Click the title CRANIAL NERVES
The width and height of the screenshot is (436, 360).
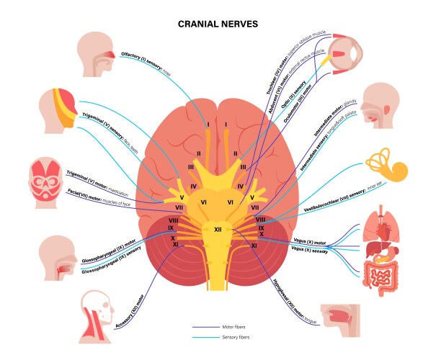[218, 24]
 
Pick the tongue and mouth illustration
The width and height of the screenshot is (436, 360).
[337, 318]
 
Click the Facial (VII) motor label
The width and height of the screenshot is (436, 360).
[105, 195]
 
